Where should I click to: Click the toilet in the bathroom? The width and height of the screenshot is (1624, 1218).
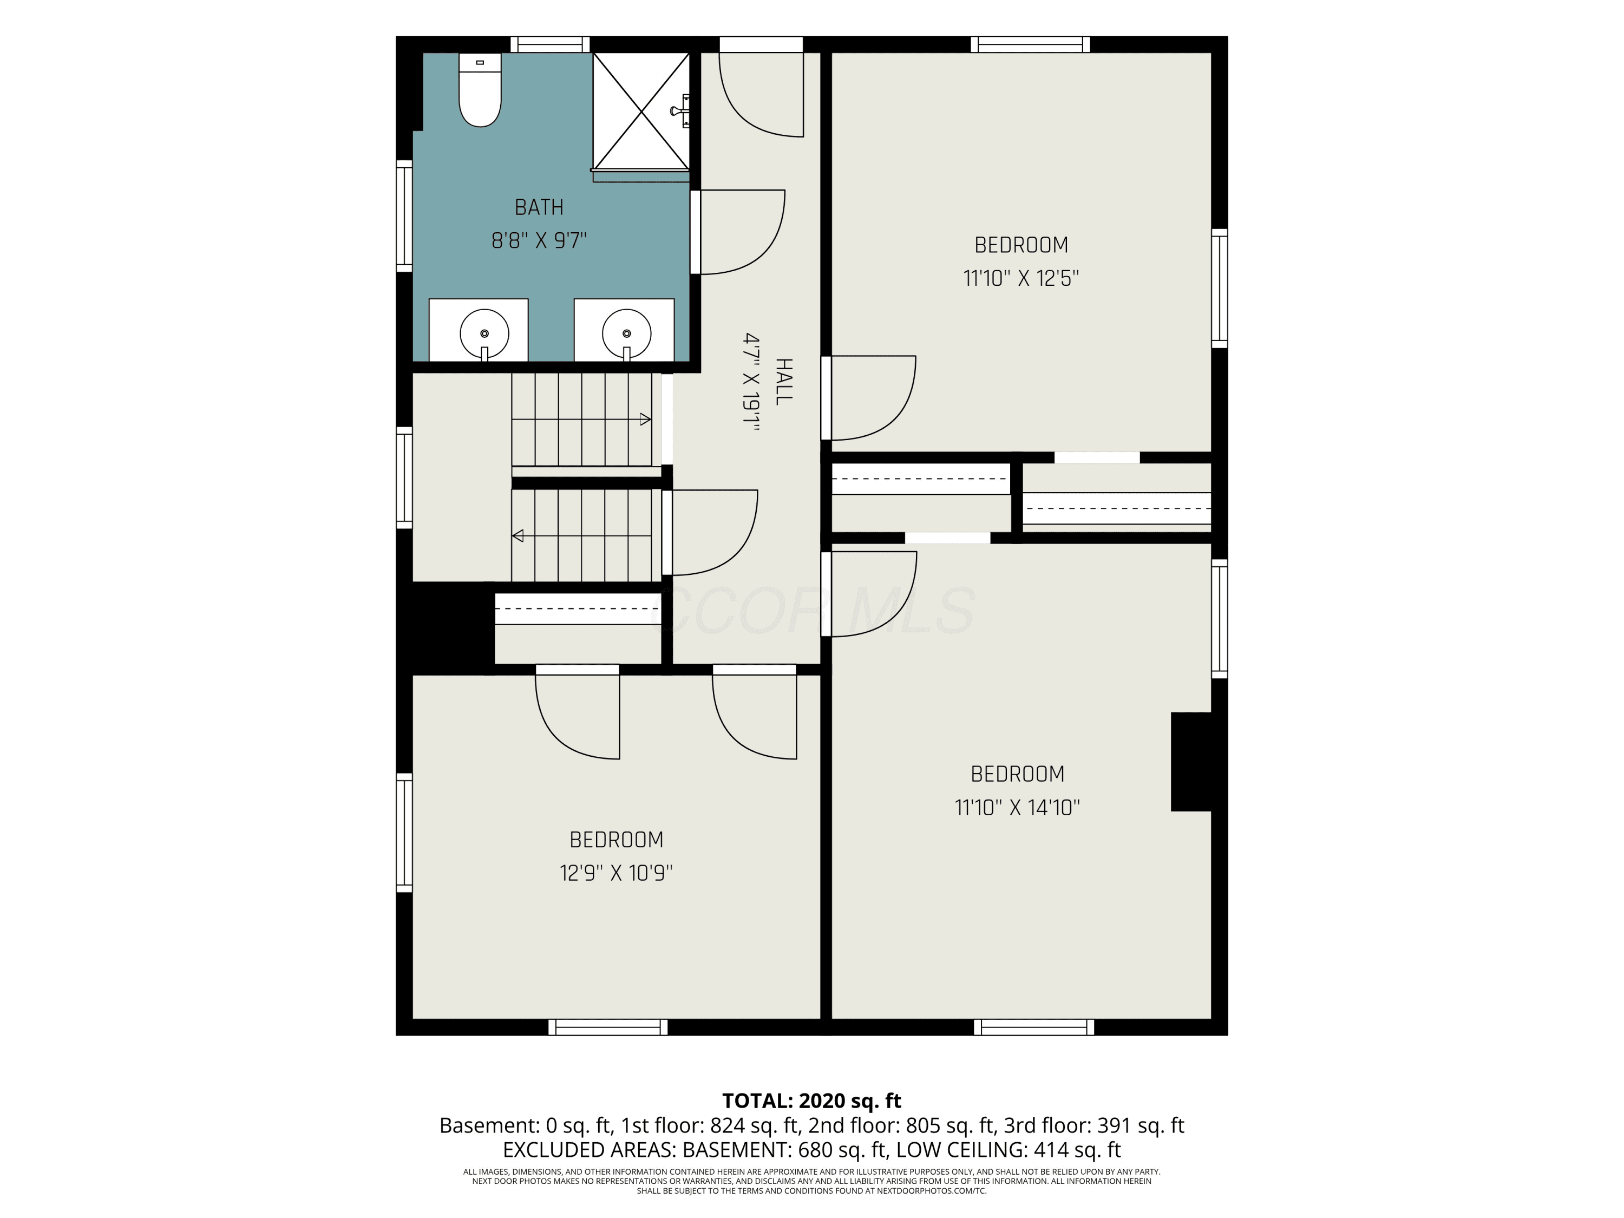(x=480, y=89)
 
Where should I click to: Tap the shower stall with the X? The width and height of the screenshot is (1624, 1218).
(x=641, y=112)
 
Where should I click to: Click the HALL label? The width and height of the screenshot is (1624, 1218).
(x=783, y=382)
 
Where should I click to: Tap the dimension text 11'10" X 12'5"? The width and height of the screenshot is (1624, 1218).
(x=1020, y=279)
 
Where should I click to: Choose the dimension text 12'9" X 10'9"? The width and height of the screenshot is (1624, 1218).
(x=616, y=873)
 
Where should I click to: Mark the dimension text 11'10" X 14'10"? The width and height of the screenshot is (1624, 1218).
(x=1017, y=808)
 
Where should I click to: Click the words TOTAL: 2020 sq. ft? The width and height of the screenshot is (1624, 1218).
(x=811, y=1101)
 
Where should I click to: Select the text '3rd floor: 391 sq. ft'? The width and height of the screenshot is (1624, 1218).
(x=1094, y=1125)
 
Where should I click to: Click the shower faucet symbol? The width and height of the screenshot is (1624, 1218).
(x=680, y=111)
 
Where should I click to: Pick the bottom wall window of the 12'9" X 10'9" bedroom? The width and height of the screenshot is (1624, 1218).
(x=608, y=1027)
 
